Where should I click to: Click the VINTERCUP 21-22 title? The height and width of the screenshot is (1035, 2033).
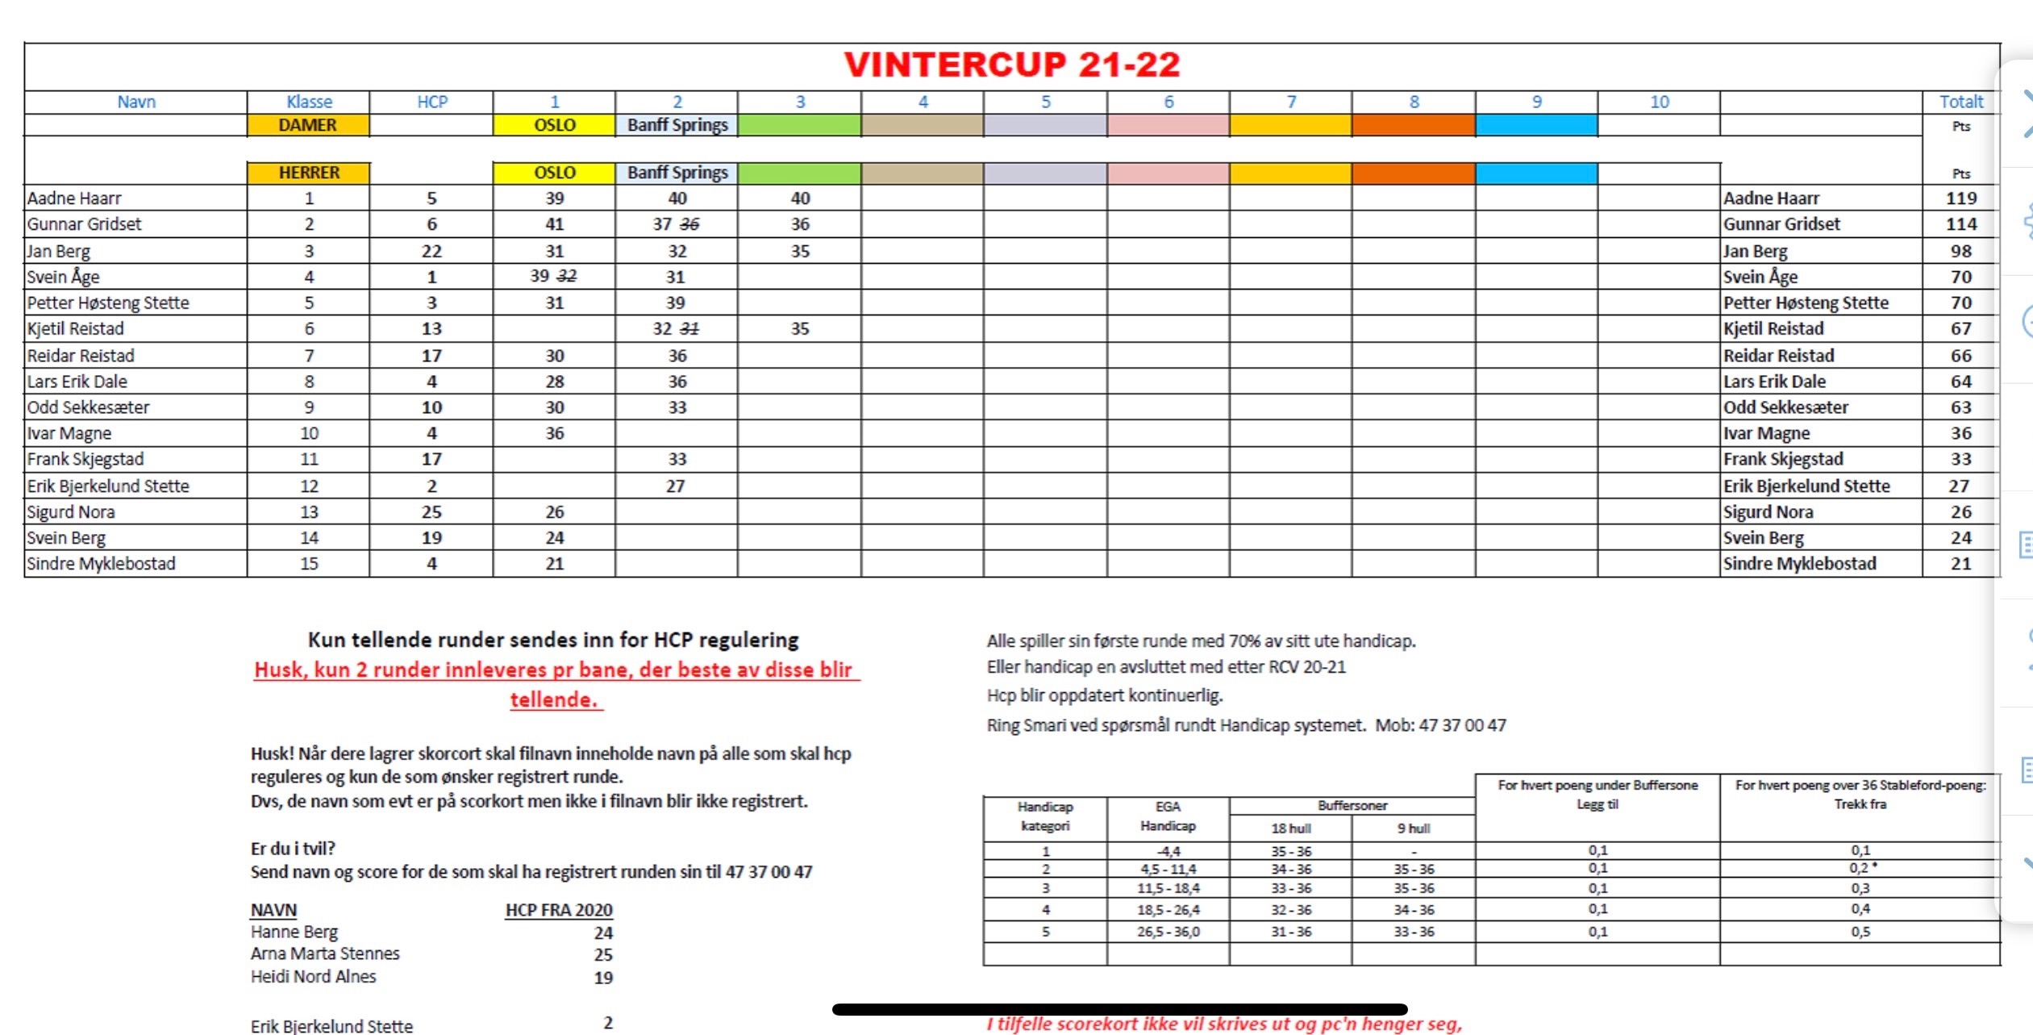tap(1011, 65)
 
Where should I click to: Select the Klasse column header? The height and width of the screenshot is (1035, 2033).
tap(309, 102)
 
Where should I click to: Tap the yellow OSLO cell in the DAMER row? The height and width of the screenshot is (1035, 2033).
tap(554, 125)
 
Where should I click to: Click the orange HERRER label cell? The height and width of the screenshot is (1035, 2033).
tap(309, 173)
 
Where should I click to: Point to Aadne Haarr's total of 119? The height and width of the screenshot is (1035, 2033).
tap(1960, 198)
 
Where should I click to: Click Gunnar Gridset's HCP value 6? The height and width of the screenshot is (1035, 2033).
tap(431, 224)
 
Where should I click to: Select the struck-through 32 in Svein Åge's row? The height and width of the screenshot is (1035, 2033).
tap(568, 277)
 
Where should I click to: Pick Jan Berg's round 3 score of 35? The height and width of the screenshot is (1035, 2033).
tap(799, 251)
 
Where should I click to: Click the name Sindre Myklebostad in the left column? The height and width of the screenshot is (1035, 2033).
tap(101, 564)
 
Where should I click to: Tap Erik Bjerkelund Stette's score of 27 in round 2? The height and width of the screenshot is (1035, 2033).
tap(676, 486)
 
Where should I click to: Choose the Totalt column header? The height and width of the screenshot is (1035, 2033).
tap(1960, 102)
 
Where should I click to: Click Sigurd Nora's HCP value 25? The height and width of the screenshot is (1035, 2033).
tap(431, 511)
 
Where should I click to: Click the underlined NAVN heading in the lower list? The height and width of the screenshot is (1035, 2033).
tap(273, 910)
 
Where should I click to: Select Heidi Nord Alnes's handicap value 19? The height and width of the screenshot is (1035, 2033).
tap(603, 978)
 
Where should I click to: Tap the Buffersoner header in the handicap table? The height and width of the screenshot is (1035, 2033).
tap(1352, 806)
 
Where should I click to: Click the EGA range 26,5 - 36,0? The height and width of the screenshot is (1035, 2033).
tap(1168, 932)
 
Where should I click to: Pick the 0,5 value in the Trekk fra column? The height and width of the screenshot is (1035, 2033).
tap(1860, 932)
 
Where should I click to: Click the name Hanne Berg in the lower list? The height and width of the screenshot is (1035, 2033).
tap(294, 932)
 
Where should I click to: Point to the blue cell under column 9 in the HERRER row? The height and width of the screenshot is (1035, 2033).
tap(1535, 173)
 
